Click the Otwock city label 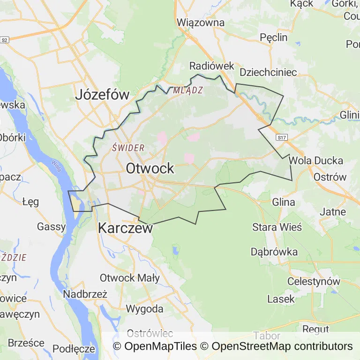click(150, 169)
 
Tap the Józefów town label click(102, 95)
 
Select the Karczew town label click(125, 228)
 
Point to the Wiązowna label click(202, 22)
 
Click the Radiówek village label click(211, 66)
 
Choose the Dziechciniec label click(268, 72)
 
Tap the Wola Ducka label click(316, 160)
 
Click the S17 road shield click(281, 138)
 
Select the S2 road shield click(5, 40)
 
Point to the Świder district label click(128, 148)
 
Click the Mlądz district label click(187, 90)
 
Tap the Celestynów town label click(313, 282)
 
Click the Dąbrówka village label click(274, 252)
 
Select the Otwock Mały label click(129, 277)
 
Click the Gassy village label click(52, 227)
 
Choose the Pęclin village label click(273, 37)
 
